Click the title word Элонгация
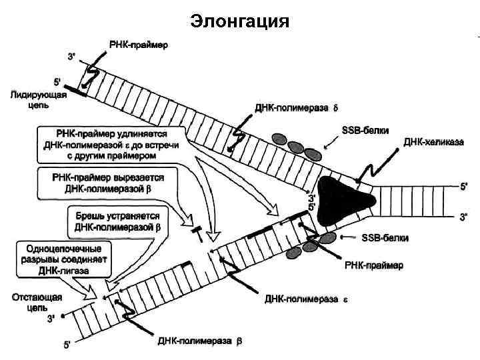[x=239, y=21]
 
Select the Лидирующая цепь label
[x=37, y=101]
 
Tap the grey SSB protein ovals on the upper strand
[x=293, y=144]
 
